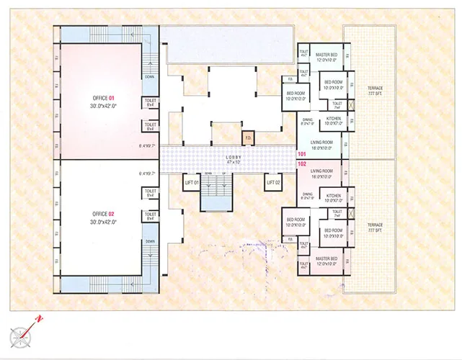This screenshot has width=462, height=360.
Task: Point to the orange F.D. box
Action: pos(247,137)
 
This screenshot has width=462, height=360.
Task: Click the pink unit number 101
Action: pos(302,154)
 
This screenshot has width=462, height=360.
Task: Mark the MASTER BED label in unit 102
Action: pos(326,261)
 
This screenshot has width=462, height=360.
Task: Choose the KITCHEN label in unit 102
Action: pos(334,196)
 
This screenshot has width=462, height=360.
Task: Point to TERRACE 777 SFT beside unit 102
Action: pos(374,228)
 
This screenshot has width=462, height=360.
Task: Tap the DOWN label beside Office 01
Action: pos(149,76)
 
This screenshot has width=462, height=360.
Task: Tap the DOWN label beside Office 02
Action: pos(149,240)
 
